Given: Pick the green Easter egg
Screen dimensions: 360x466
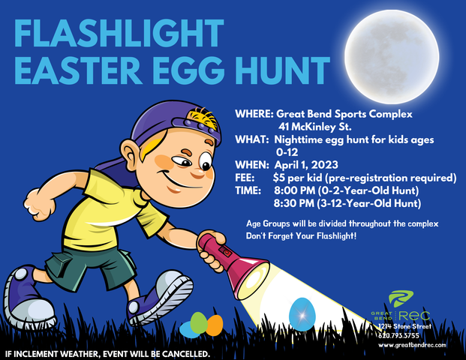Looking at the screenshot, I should pyautogui.click(x=197, y=322).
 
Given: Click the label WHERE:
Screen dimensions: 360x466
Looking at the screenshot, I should pyautogui.click(x=254, y=114).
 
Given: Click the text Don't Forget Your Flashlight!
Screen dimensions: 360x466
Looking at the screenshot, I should pyautogui.click(x=302, y=236).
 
